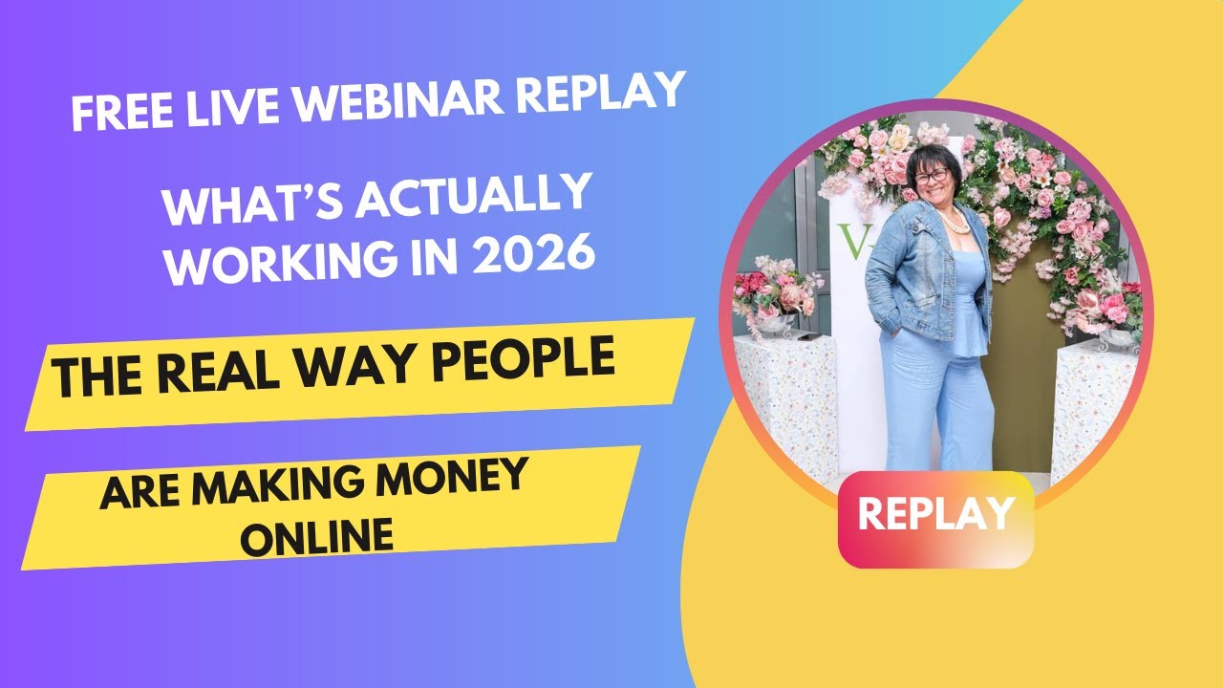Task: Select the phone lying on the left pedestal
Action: [807, 335]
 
